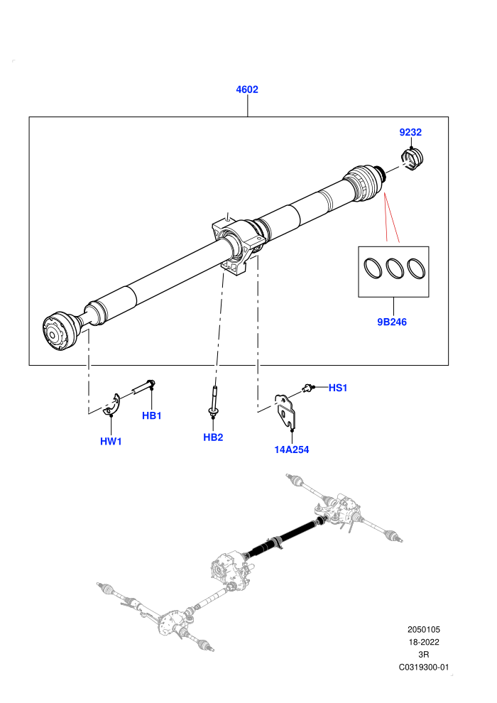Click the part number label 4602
[247, 89]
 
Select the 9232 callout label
[410, 132]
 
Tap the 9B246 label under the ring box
[392, 322]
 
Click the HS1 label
[338, 388]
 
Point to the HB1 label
[151, 415]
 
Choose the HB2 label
[213, 437]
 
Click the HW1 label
[111, 441]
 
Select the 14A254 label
[292, 449]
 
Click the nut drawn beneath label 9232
[413, 159]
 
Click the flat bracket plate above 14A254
[286, 411]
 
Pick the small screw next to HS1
[307, 388]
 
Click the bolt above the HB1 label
[143, 386]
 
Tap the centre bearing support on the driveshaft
[236, 244]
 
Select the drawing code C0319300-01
[423, 667]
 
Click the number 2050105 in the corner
[423, 629]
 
